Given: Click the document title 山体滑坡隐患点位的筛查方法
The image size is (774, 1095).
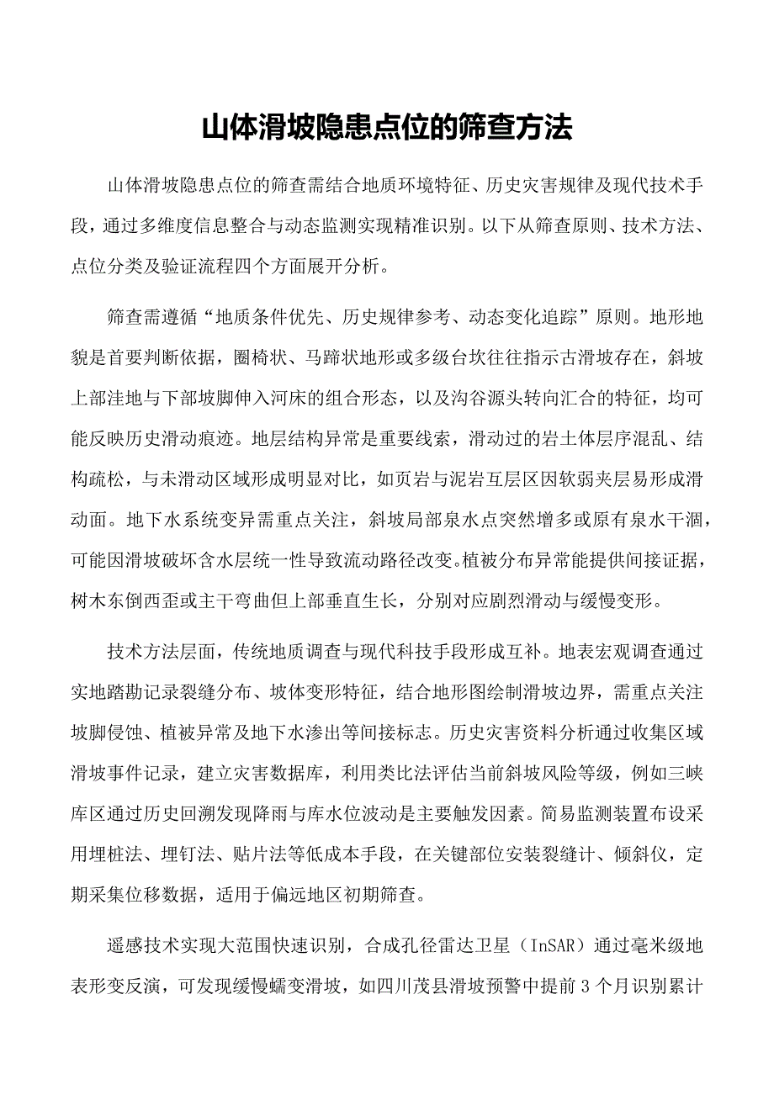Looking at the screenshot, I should pos(387,128).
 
